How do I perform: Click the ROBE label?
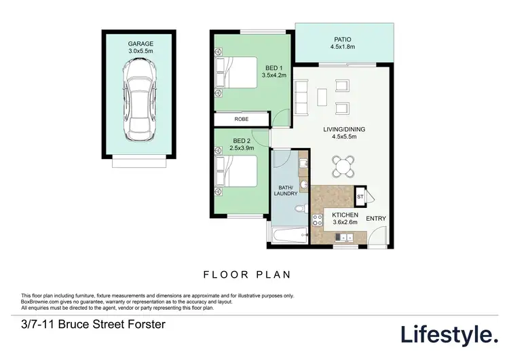241,120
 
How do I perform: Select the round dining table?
343,165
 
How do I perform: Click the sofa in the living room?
300,92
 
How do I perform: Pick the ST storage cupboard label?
360,197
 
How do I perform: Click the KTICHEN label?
344,214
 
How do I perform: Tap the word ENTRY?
376,218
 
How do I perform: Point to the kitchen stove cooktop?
316,219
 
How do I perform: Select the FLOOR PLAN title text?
248,275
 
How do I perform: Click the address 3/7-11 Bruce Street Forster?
93,325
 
